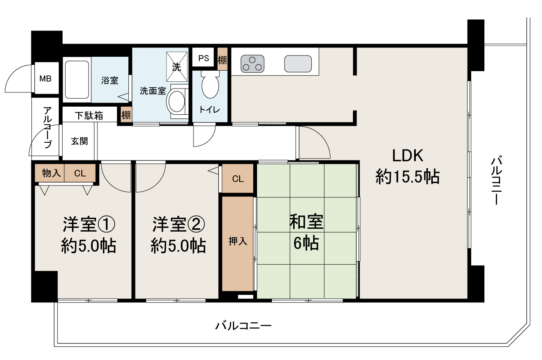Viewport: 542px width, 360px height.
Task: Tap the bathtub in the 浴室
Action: tap(77, 79)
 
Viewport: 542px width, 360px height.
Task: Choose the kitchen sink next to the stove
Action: tap(298, 64)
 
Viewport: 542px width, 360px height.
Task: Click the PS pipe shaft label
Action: tap(204, 58)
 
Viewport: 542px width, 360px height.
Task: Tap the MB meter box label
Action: tap(45, 79)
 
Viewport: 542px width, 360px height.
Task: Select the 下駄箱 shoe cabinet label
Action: tap(89, 116)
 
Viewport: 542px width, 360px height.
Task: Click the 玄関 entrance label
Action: tap(79, 141)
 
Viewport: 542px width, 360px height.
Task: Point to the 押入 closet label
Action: tap(238, 242)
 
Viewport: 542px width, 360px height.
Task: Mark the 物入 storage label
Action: tap(51, 173)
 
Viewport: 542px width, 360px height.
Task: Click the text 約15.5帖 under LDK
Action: tap(407, 176)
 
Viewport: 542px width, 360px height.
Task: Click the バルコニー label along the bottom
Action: tap(243, 326)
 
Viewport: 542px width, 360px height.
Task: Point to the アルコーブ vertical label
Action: tap(47, 127)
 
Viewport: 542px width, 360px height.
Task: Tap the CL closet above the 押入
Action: tap(238, 178)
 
